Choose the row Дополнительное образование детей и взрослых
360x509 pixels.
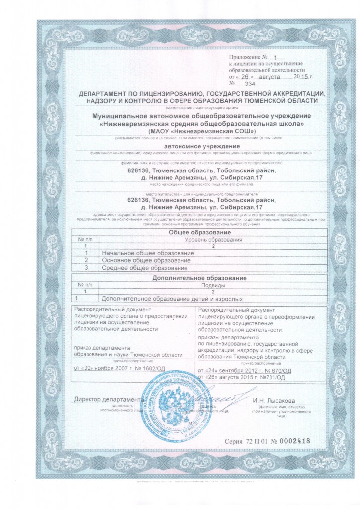pyautogui.click(x=172, y=299)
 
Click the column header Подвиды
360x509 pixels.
pyautogui.click(x=213, y=285)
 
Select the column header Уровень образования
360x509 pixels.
pyautogui.click(x=213, y=240)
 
